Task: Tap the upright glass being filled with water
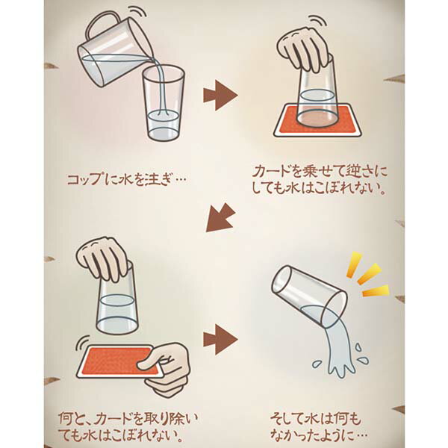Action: point(164,104)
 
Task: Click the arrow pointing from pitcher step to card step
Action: point(220,95)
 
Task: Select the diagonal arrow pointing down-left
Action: point(220,218)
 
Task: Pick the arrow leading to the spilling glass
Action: point(220,340)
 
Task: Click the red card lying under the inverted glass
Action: point(317,120)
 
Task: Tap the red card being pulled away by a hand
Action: point(120,361)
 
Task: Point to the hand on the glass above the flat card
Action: point(305,49)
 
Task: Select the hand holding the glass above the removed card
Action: point(105,259)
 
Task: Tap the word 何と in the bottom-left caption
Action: point(71,419)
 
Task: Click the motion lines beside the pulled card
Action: point(82,343)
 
